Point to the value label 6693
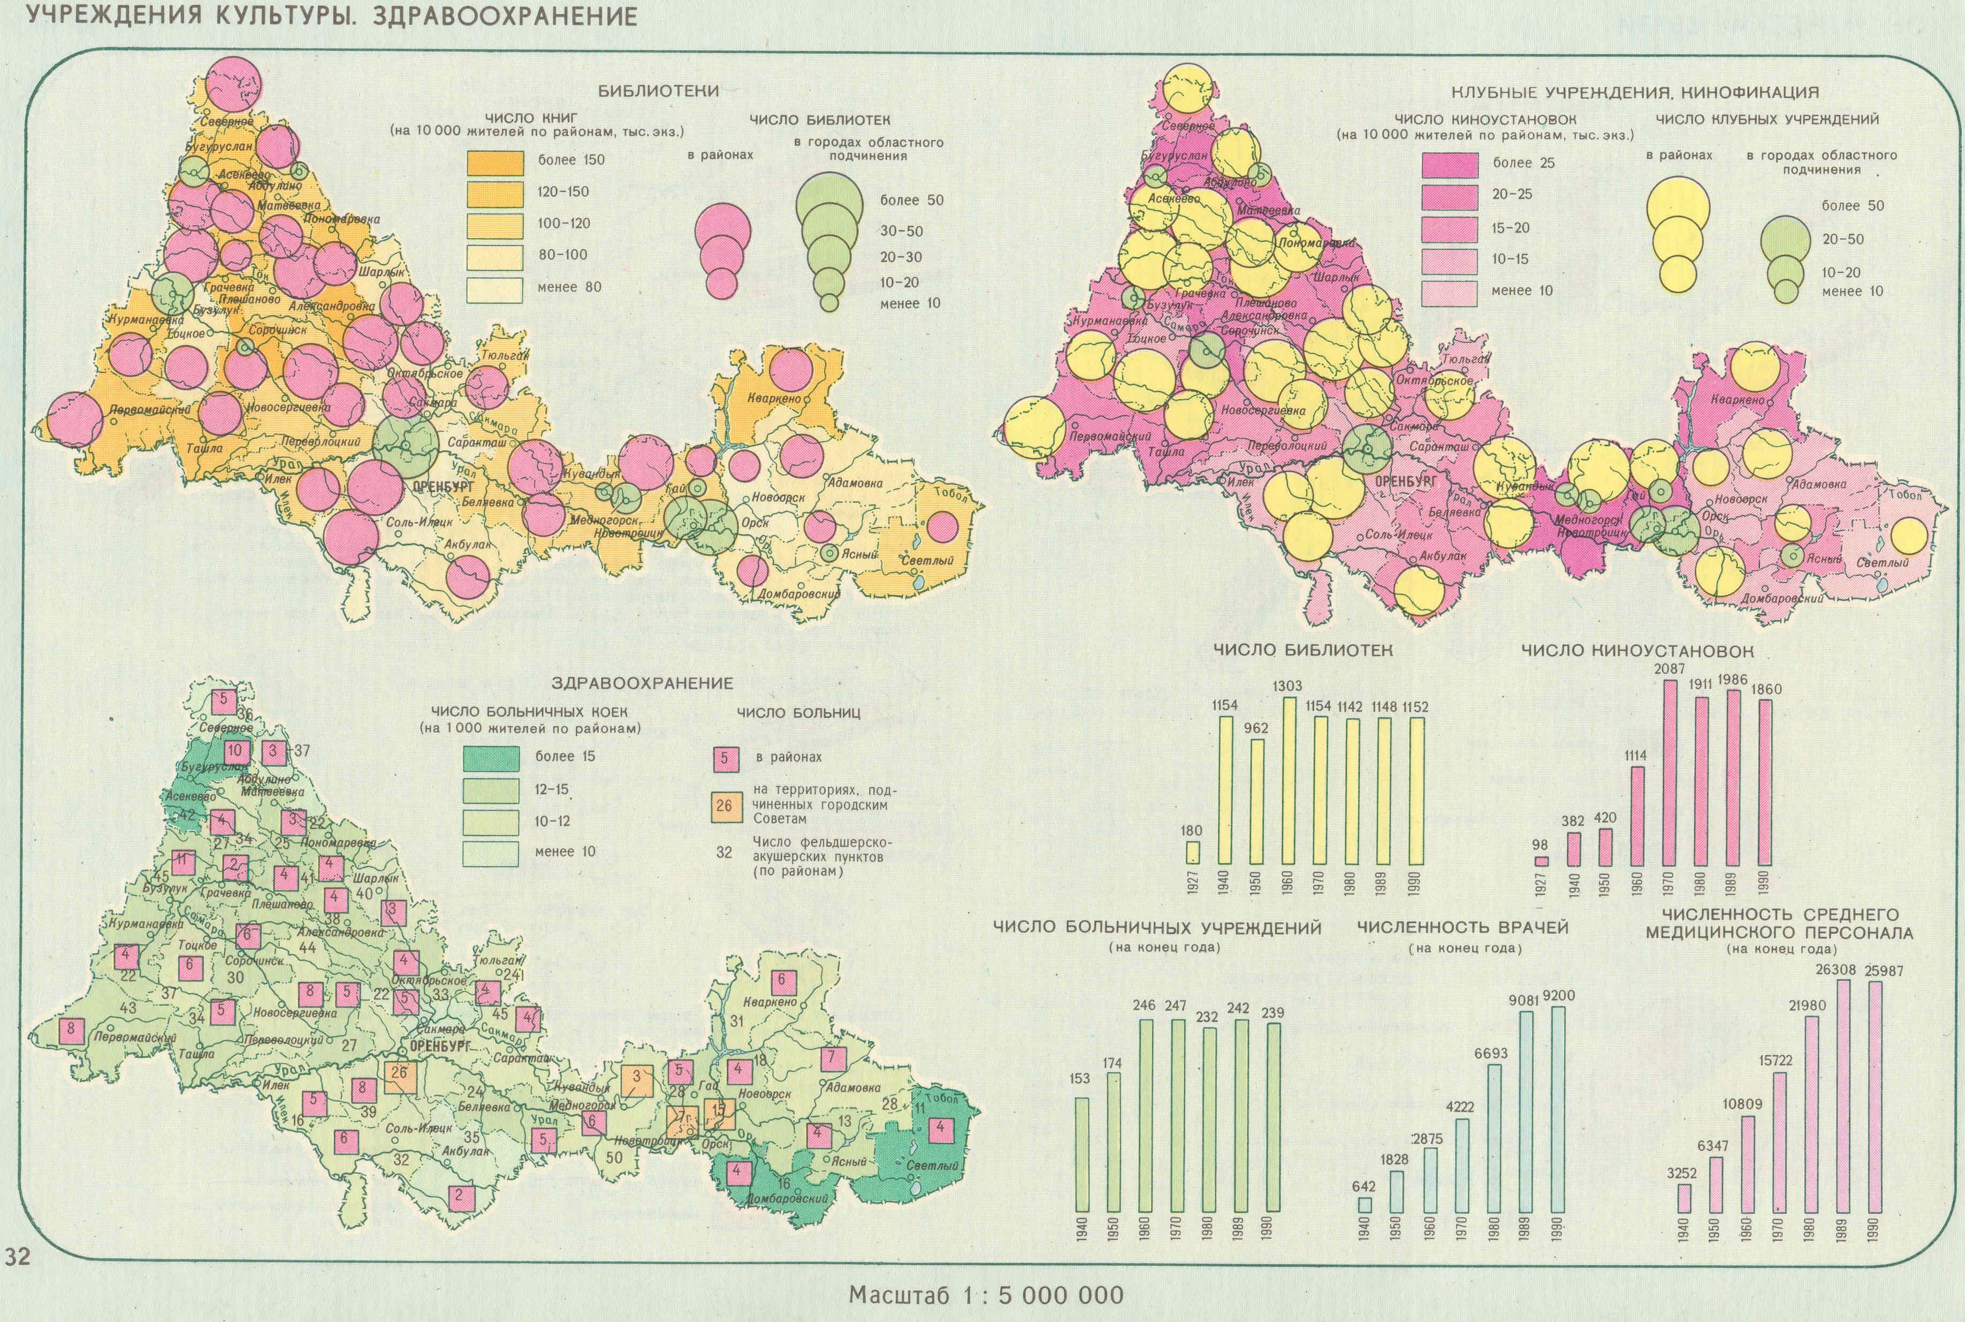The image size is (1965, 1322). pyautogui.click(x=1490, y=1053)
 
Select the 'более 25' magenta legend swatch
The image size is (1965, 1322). pyautogui.click(x=1450, y=164)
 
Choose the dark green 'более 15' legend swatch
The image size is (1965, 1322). pyautogui.click(x=492, y=757)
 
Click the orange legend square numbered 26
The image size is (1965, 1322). pyautogui.click(x=723, y=806)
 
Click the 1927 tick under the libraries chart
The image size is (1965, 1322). pyautogui.click(x=1192, y=884)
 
